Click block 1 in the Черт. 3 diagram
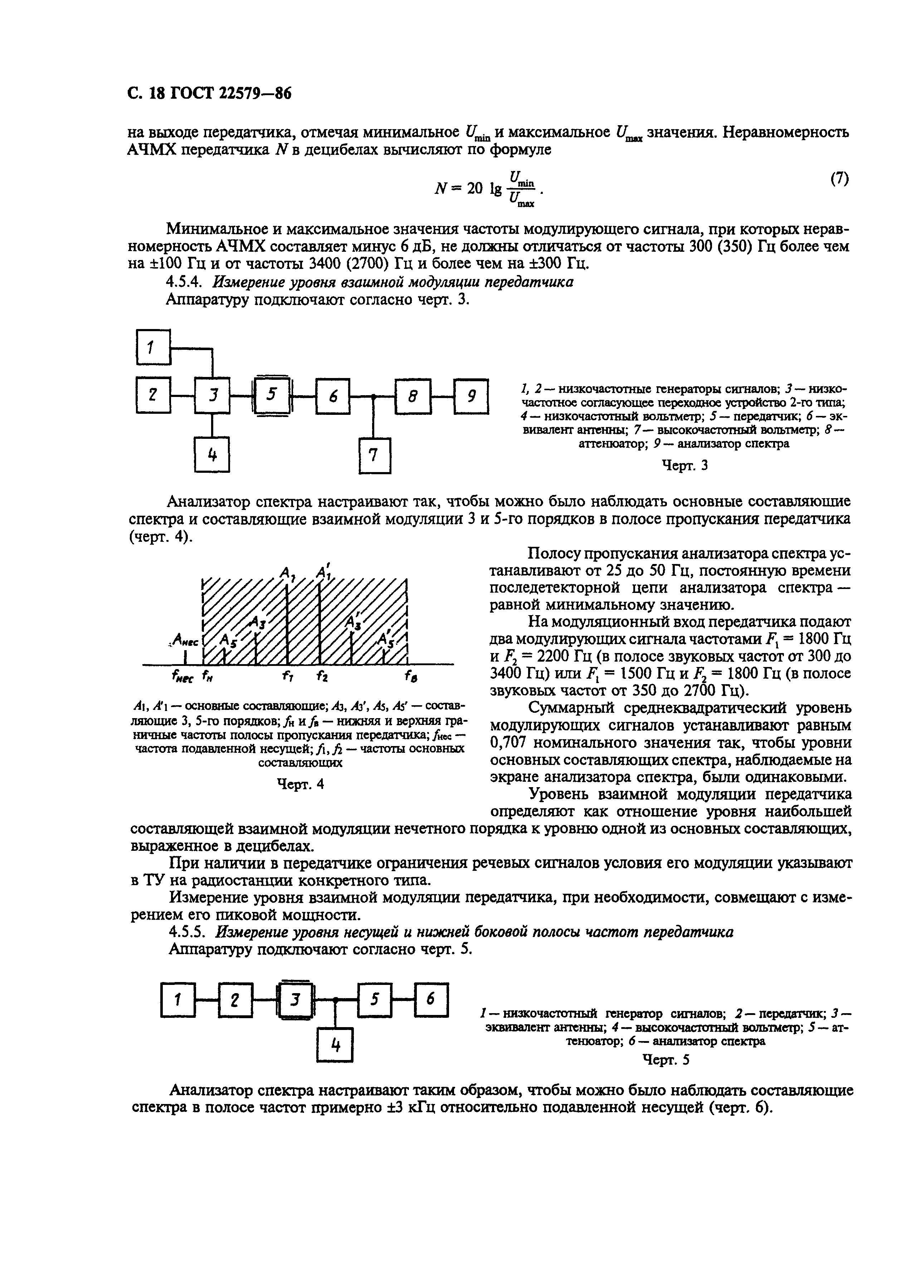[153, 347]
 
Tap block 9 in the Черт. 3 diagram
[471, 396]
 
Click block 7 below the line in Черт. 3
[374, 455]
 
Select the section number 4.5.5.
[188, 932]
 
